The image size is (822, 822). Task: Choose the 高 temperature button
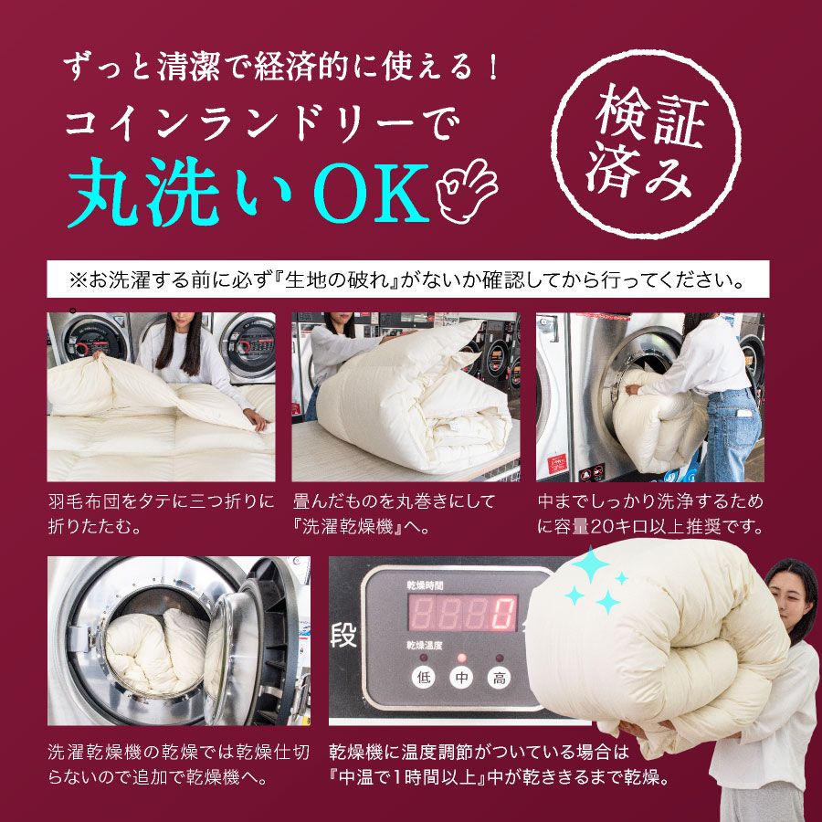click(x=498, y=678)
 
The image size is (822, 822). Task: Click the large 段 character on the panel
click(x=343, y=637)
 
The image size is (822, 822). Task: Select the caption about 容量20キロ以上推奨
click(x=650, y=514)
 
